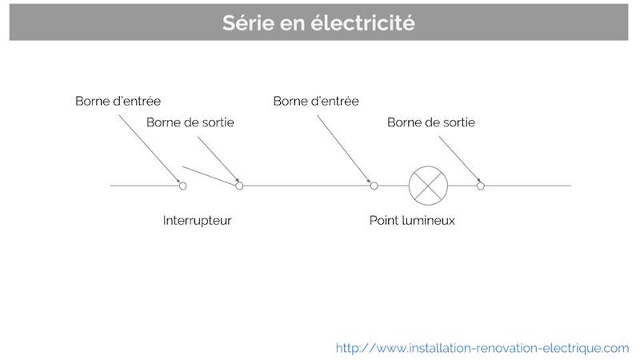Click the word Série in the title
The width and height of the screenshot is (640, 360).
pos(248,22)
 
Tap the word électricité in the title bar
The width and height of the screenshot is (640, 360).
pos(363,22)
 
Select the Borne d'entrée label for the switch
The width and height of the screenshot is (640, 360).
pos(118,101)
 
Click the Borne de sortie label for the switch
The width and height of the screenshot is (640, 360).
pos(190,122)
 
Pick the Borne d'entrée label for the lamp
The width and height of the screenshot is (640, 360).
pos(316,101)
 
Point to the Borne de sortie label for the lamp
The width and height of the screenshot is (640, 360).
pos(431,122)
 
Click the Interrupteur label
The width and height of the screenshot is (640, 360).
pos(197,221)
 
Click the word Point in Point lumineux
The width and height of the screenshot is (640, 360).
pos(384,221)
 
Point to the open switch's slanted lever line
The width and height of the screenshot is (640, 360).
pos(209,175)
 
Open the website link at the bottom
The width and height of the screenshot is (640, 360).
pos(482,348)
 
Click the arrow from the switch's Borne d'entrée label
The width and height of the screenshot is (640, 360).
pos(150,149)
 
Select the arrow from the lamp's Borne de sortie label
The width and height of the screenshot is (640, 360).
pos(459,159)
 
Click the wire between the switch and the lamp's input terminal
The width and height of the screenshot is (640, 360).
pos(306,186)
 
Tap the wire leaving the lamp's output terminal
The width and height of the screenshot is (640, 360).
pos(528,186)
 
